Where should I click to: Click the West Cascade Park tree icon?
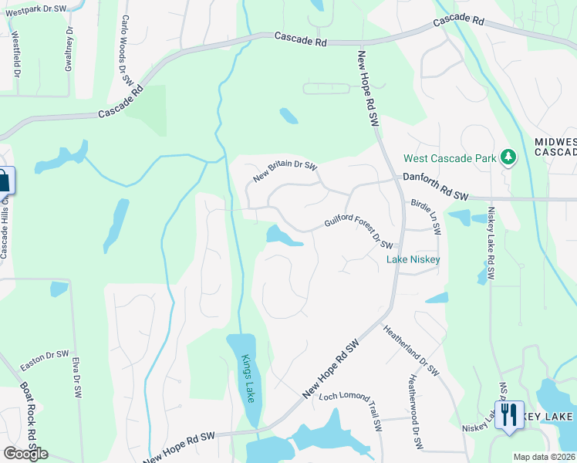tap(508, 158)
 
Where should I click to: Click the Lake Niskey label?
tap(413, 259)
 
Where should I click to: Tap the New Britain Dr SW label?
tap(286, 172)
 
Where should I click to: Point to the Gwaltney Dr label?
tap(70, 48)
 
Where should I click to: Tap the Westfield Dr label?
tap(15, 53)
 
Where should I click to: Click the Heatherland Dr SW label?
tap(411, 350)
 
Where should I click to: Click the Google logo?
tap(26, 454)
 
